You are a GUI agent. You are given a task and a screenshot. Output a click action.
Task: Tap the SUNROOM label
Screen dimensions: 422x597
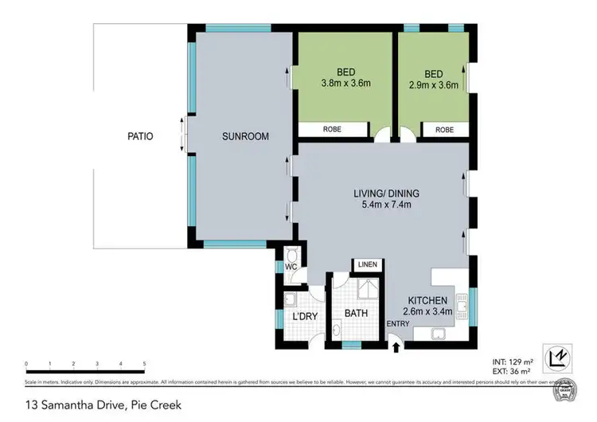pos(246,136)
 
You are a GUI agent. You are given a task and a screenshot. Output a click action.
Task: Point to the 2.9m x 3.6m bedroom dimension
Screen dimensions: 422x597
pos(434,83)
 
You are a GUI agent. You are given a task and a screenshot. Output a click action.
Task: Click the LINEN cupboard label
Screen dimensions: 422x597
pos(368,264)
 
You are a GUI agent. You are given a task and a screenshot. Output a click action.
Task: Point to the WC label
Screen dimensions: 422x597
pos(291,267)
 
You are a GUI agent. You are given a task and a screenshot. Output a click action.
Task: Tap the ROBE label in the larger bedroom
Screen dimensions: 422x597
pos(334,128)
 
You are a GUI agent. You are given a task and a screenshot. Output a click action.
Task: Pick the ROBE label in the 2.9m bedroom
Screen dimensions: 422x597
pos(444,128)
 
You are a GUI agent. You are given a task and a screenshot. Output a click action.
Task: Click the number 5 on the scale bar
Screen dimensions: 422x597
pos(143,364)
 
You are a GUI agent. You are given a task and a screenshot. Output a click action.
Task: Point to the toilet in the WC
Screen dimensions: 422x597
pos(291,255)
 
